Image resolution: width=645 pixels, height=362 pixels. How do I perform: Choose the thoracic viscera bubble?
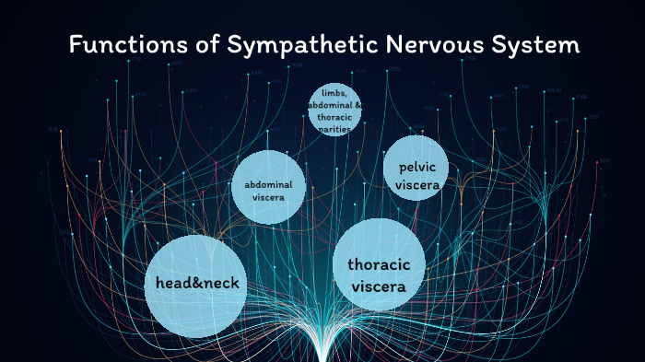(x=378, y=275)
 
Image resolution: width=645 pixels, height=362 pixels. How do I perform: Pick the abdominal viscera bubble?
(x=267, y=188)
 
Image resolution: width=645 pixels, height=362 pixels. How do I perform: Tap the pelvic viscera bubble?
(x=416, y=174)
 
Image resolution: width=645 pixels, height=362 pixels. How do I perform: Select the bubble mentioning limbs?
(x=334, y=110)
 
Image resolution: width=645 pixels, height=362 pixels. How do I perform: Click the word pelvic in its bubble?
(x=416, y=167)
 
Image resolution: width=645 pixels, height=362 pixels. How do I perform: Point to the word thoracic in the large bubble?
(x=378, y=265)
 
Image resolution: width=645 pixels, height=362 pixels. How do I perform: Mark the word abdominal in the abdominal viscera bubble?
(x=268, y=184)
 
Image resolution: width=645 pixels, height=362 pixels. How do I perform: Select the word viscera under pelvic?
(x=416, y=185)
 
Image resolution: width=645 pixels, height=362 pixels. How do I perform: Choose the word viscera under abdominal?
(x=268, y=197)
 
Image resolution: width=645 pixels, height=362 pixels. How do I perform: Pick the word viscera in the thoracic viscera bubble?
(x=378, y=286)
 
